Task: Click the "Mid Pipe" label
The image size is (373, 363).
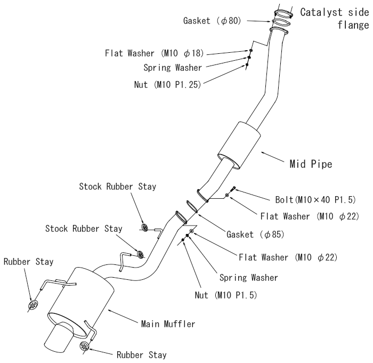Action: pyautogui.click(x=311, y=164)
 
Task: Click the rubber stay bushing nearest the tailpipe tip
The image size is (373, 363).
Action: pyautogui.click(x=85, y=346)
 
